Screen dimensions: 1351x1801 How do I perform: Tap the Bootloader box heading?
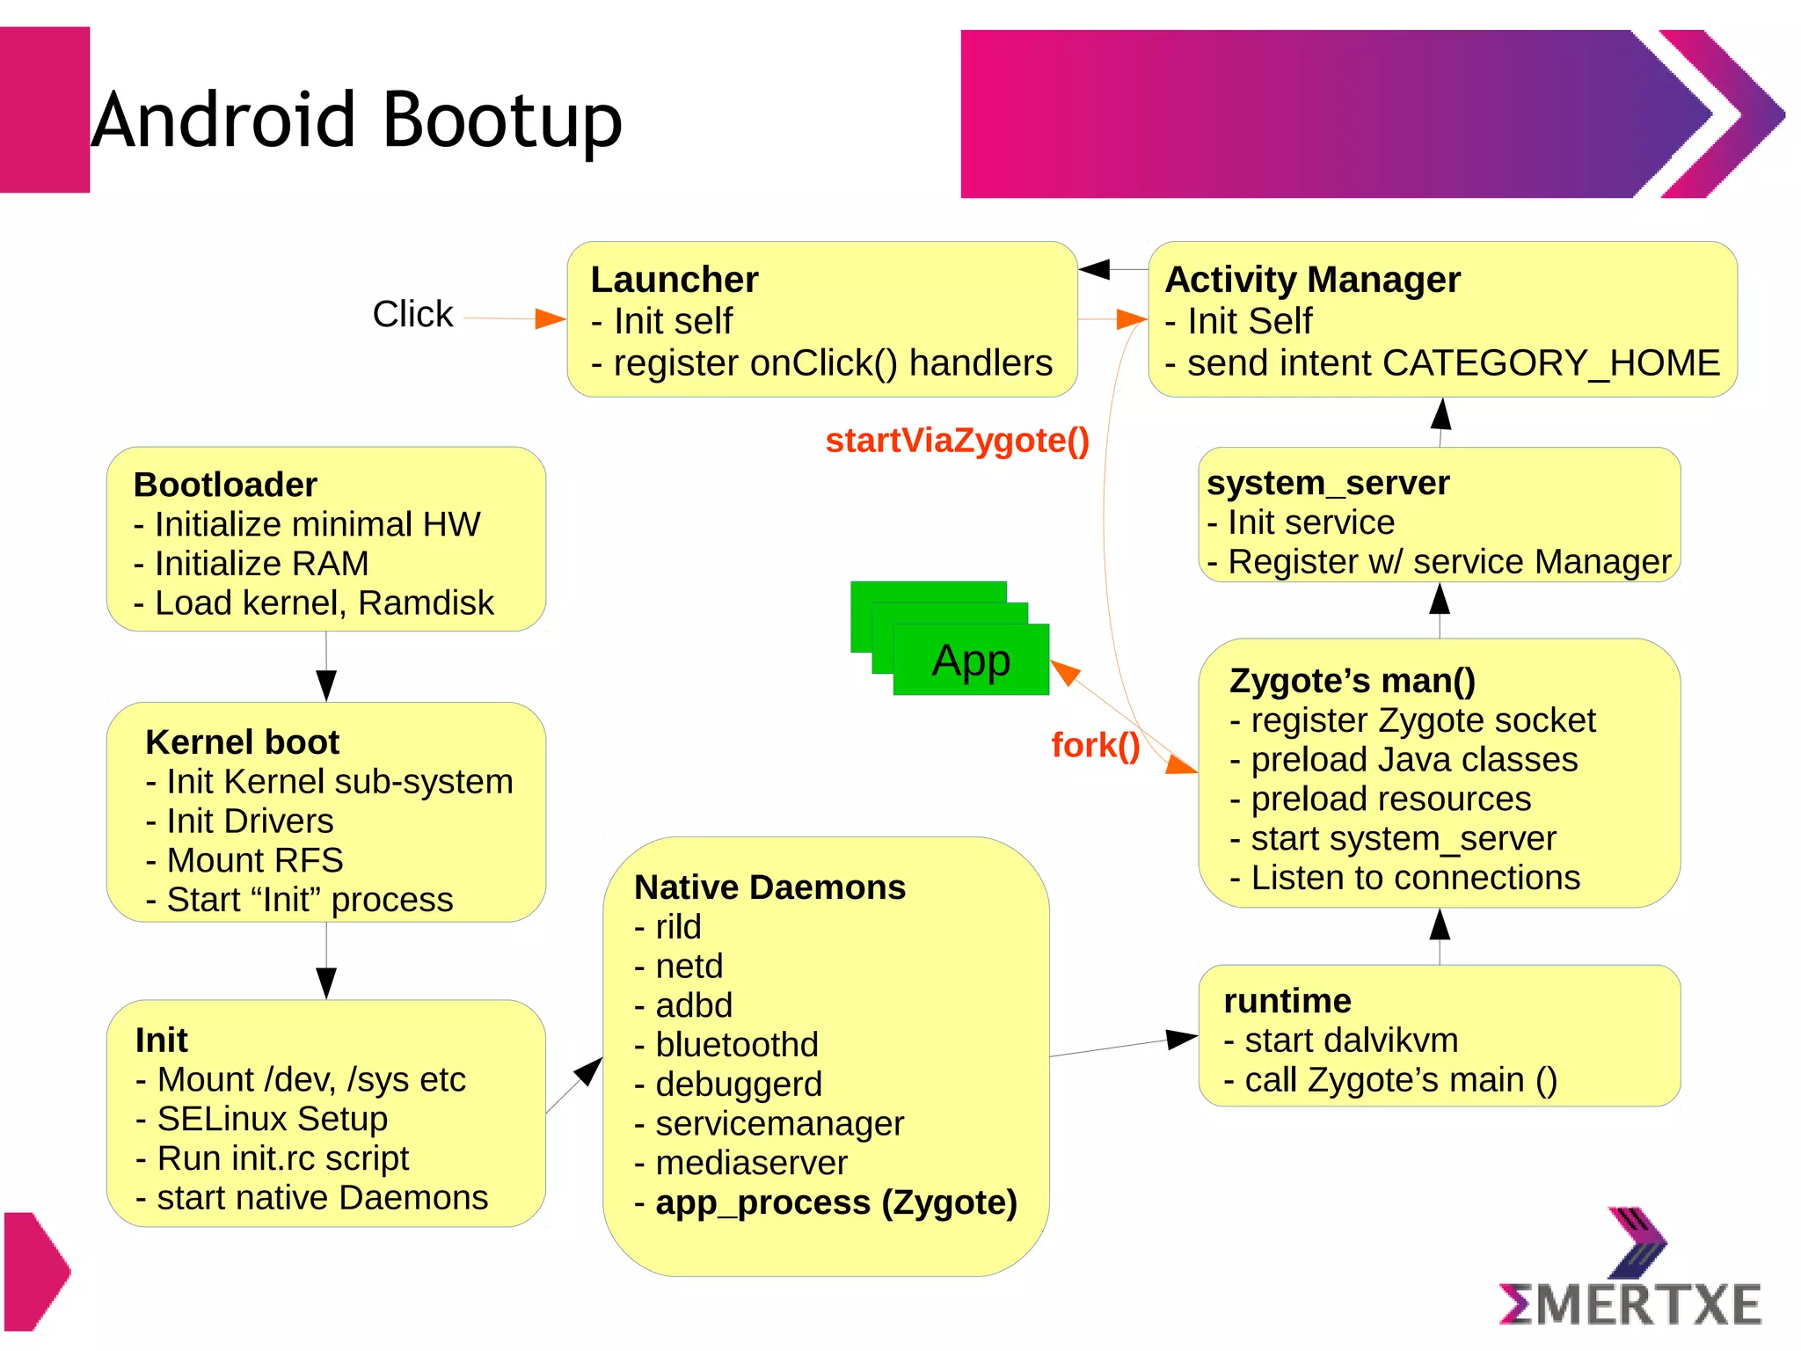click(x=225, y=485)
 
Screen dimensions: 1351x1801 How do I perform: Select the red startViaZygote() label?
click(x=957, y=441)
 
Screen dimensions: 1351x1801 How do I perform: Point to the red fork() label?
click(x=1095, y=745)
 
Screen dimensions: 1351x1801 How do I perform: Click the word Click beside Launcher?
click(x=412, y=314)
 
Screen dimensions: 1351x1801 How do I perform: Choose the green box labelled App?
click(x=971, y=660)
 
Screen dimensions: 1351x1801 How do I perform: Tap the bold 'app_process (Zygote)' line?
click(x=835, y=1202)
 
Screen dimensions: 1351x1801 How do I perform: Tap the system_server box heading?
click(x=1328, y=483)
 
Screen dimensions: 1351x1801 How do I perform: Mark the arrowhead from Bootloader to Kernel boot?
click(x=326, y=684)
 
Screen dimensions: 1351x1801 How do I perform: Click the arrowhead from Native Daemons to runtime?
click(x=1181, y=1039)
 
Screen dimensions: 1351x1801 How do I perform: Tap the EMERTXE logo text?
click(x=1630, y=1304)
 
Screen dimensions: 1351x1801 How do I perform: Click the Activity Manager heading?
click(x=1312, y=280)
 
